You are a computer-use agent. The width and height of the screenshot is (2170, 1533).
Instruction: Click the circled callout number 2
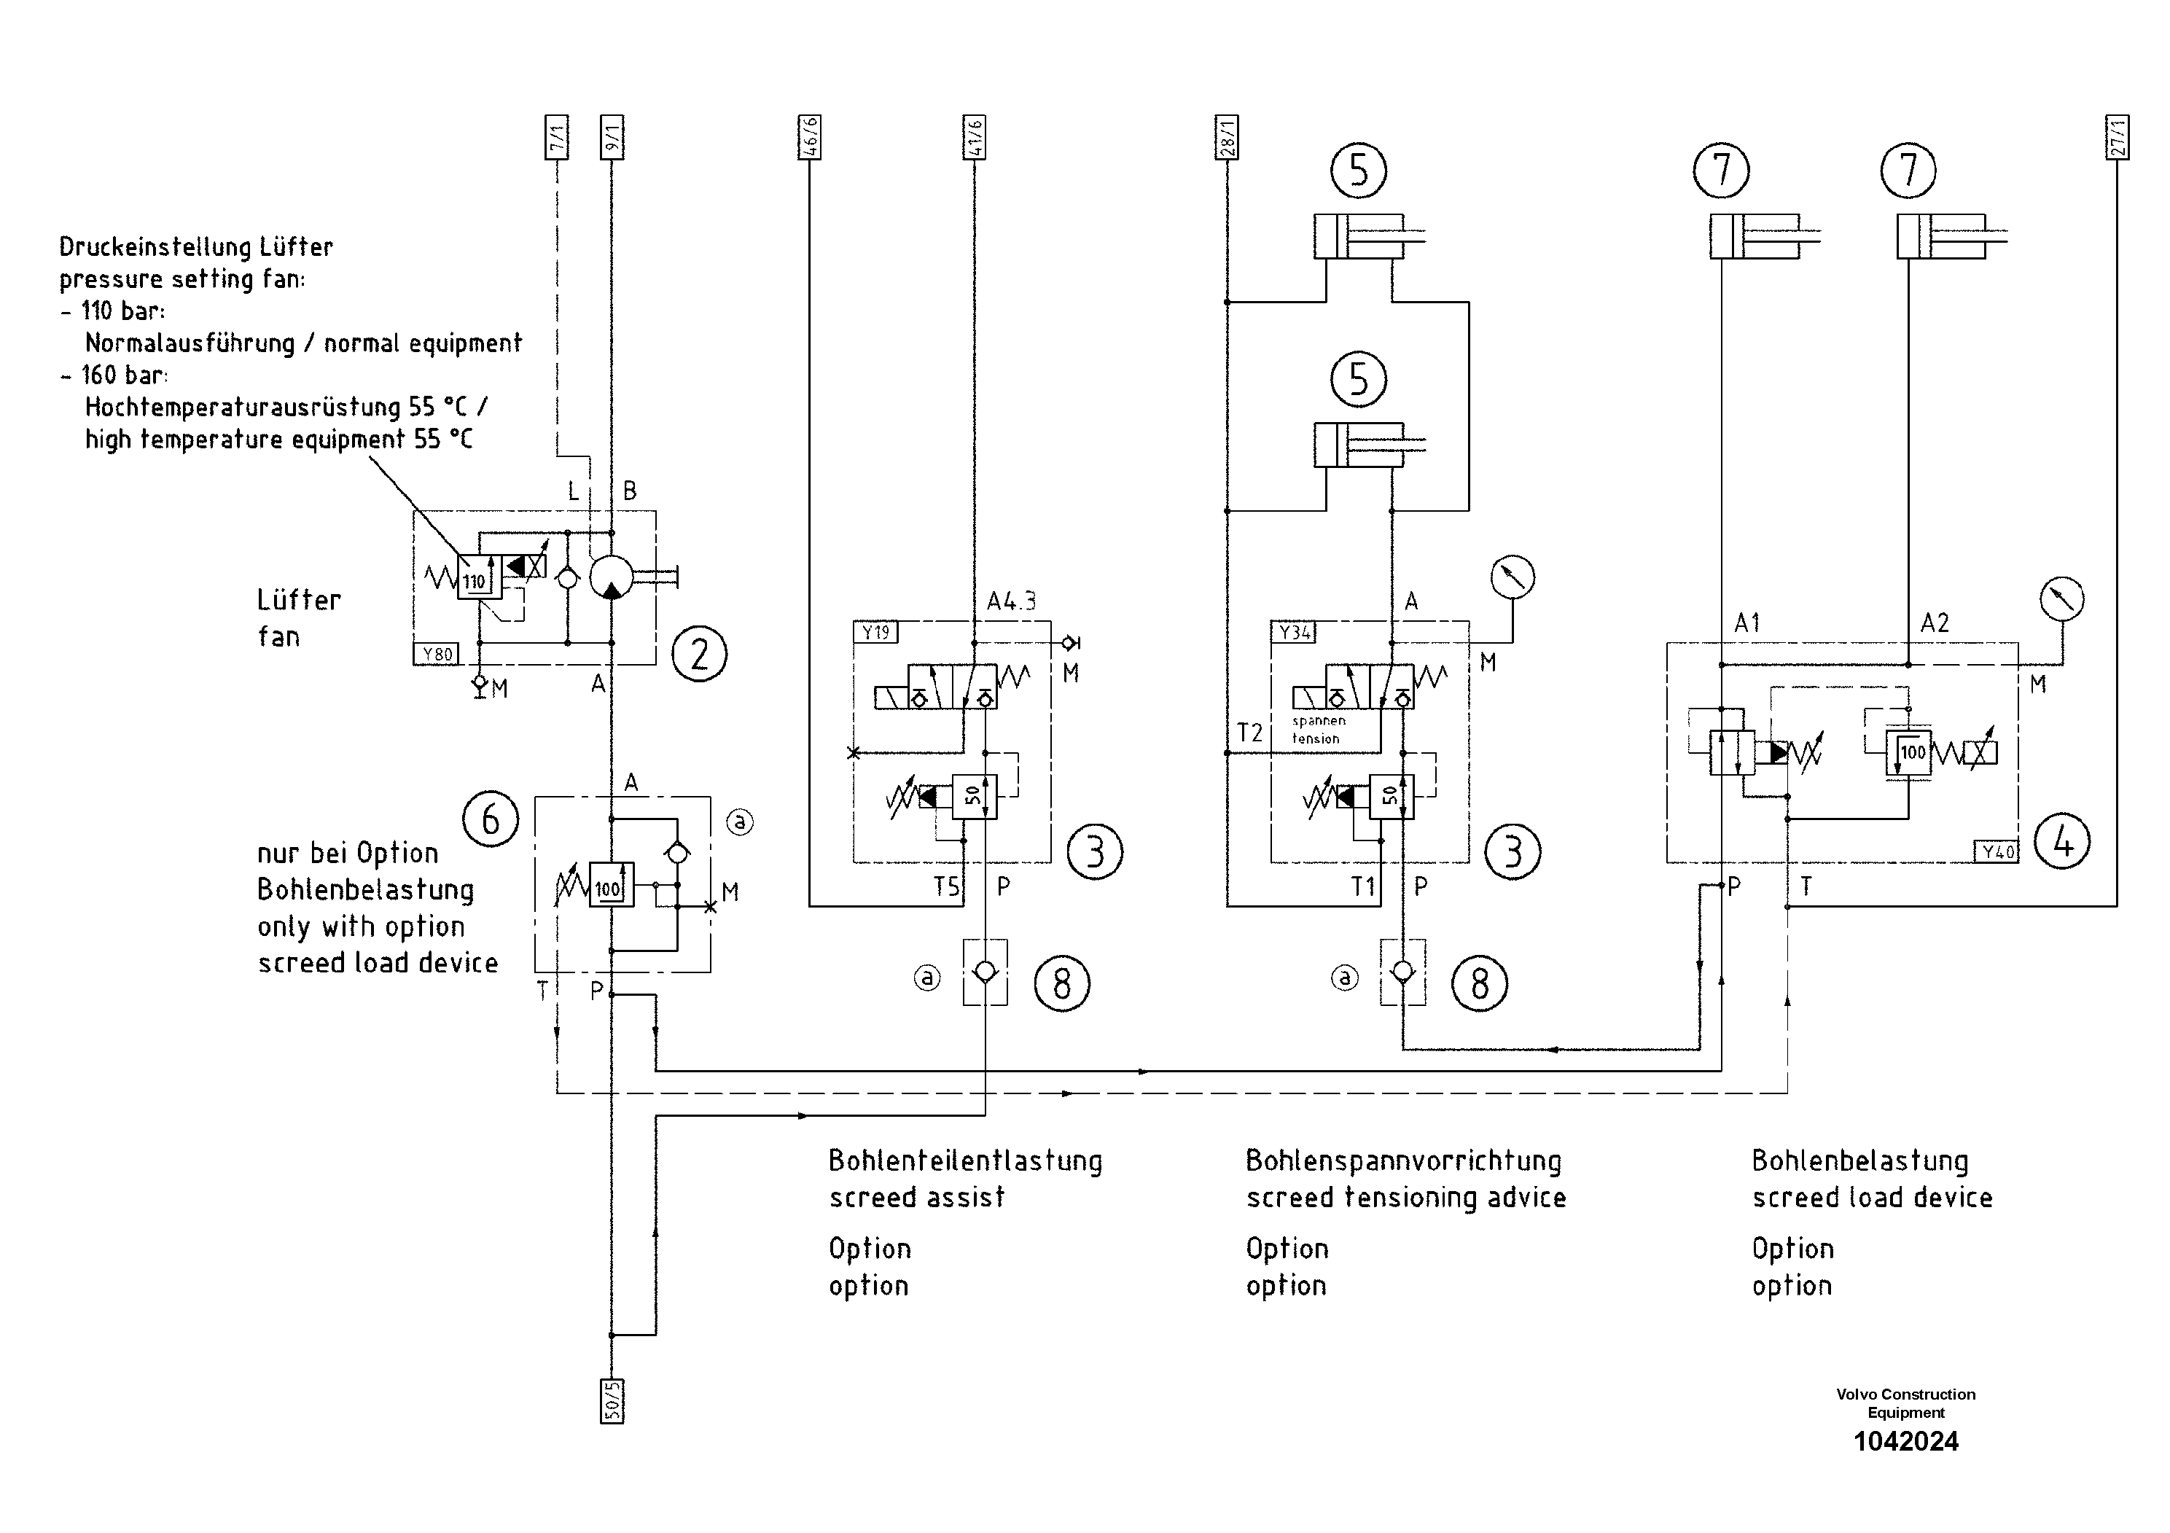(x=698, y=654)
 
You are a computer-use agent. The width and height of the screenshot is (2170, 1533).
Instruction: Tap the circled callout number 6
(x=491, y=819)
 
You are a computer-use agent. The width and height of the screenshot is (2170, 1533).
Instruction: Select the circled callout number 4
(x=2062, y=841)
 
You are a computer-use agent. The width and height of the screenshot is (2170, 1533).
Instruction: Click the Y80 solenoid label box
(x=437, y=654)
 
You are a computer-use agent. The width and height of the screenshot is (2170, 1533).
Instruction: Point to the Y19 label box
(x=876, y=632)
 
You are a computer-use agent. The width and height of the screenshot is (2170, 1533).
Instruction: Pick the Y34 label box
(x=1294, y=632)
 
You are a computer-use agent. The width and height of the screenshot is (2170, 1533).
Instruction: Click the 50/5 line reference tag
(x=612, y=1400)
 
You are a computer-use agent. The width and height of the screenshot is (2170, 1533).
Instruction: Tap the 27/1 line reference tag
(x=2117, y=138)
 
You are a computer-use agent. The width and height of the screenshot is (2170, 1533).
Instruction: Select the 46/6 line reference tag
(x=810, y=138)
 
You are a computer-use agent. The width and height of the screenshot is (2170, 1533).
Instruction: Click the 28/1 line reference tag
(x=1227, y=138)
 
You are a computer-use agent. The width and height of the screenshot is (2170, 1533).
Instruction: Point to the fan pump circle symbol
(x=612, y=577)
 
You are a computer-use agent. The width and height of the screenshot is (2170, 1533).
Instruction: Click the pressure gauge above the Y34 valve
(x=1513, y=577)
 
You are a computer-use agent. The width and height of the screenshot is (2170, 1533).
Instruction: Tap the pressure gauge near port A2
(x=2062, y=599)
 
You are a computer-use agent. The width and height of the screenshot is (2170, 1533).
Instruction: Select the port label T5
(x=946, y=886)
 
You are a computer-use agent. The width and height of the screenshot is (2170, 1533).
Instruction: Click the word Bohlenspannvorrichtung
(x=1402, y=1161)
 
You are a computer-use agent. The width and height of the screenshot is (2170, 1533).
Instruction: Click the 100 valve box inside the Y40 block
(x=1908, y=753)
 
